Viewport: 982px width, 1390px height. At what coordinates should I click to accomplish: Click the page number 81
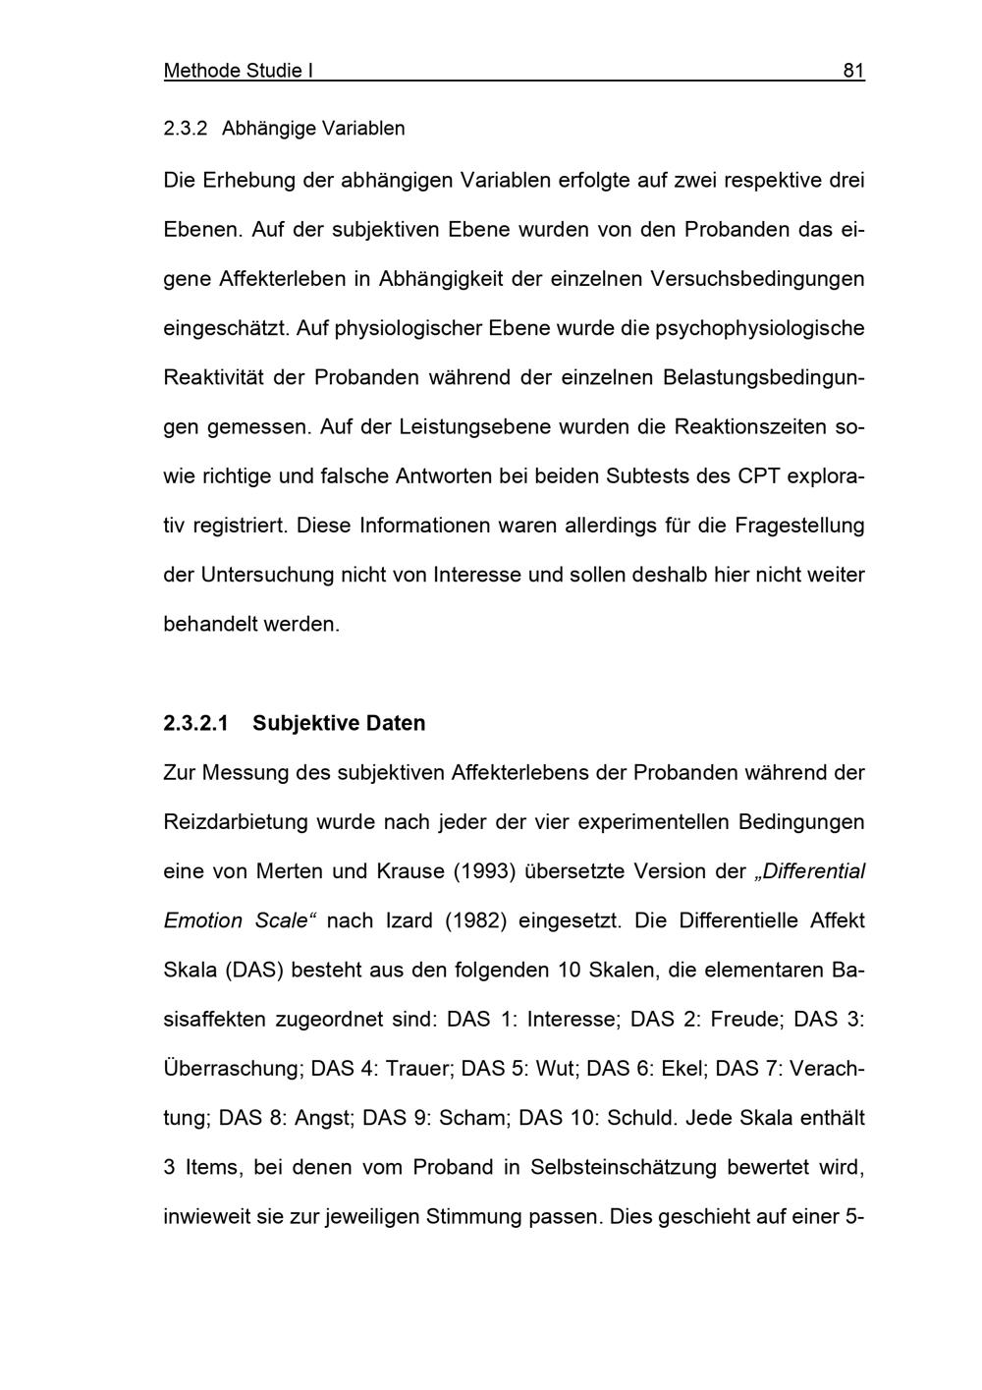coord(853,71)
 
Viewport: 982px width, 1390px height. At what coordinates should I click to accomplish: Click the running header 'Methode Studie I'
coord(238,71)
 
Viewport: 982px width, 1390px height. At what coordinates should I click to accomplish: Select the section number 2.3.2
coord(186,128)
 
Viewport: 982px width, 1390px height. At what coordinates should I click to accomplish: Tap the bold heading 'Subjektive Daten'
coord(339,723)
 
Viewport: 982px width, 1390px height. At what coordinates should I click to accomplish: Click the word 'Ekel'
coord(678,1069)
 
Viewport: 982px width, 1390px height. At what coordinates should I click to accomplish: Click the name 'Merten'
coord(288,871)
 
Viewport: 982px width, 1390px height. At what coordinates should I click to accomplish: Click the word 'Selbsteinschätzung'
coord(623,1167)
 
